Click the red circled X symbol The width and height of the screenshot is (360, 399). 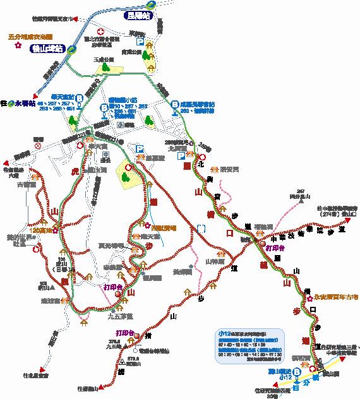click(38, 146)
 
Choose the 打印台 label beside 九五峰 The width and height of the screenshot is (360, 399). click(124, 332)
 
